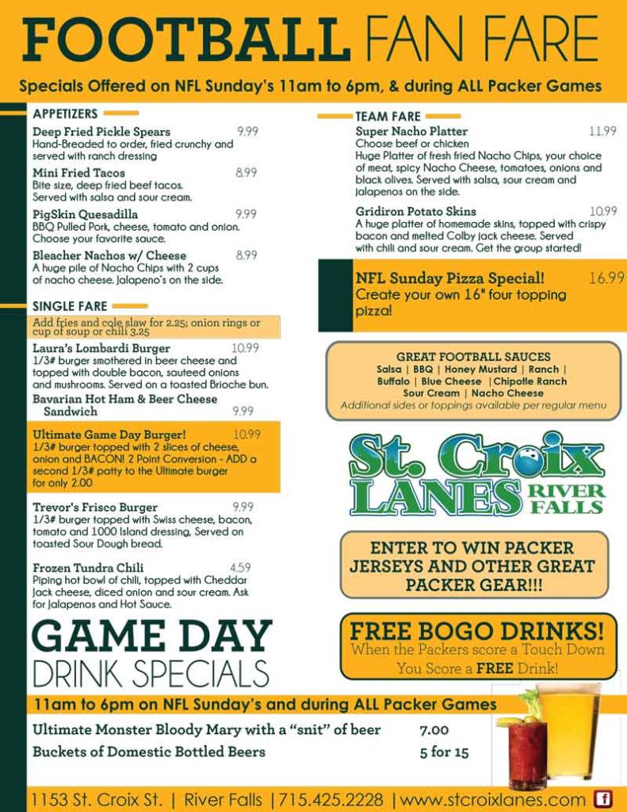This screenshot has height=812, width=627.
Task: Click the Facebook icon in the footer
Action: click(x=603, y=799)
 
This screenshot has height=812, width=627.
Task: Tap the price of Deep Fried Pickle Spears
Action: click(x=247, y=132)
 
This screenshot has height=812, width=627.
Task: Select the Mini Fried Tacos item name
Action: click(x=78, y=173)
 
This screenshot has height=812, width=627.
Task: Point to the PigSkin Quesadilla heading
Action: click(x=85, y=214)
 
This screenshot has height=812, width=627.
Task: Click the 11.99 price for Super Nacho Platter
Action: click(x=602, y=131)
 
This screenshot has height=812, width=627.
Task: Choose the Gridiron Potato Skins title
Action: click(x=415, y=212)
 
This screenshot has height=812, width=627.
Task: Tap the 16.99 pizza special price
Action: click(x=606, y=278)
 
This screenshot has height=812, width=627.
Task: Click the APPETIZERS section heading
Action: click(x=65, y=113)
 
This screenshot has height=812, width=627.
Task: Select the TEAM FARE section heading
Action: click(x=388, y=117)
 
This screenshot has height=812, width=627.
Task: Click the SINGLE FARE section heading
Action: click(x=70, y=306)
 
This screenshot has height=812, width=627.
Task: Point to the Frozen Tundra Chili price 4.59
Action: click(x=240, y=568)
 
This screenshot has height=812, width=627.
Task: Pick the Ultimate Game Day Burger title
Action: click(x=109, y=435)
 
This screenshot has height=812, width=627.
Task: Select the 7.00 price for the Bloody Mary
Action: click(x=434, y=730)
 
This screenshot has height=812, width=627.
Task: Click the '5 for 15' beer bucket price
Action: click(x=444, y=753)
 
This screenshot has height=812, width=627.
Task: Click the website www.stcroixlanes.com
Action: click(x=493, y=799)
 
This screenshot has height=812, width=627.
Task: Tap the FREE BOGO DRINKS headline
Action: click(x=477, y=631)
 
